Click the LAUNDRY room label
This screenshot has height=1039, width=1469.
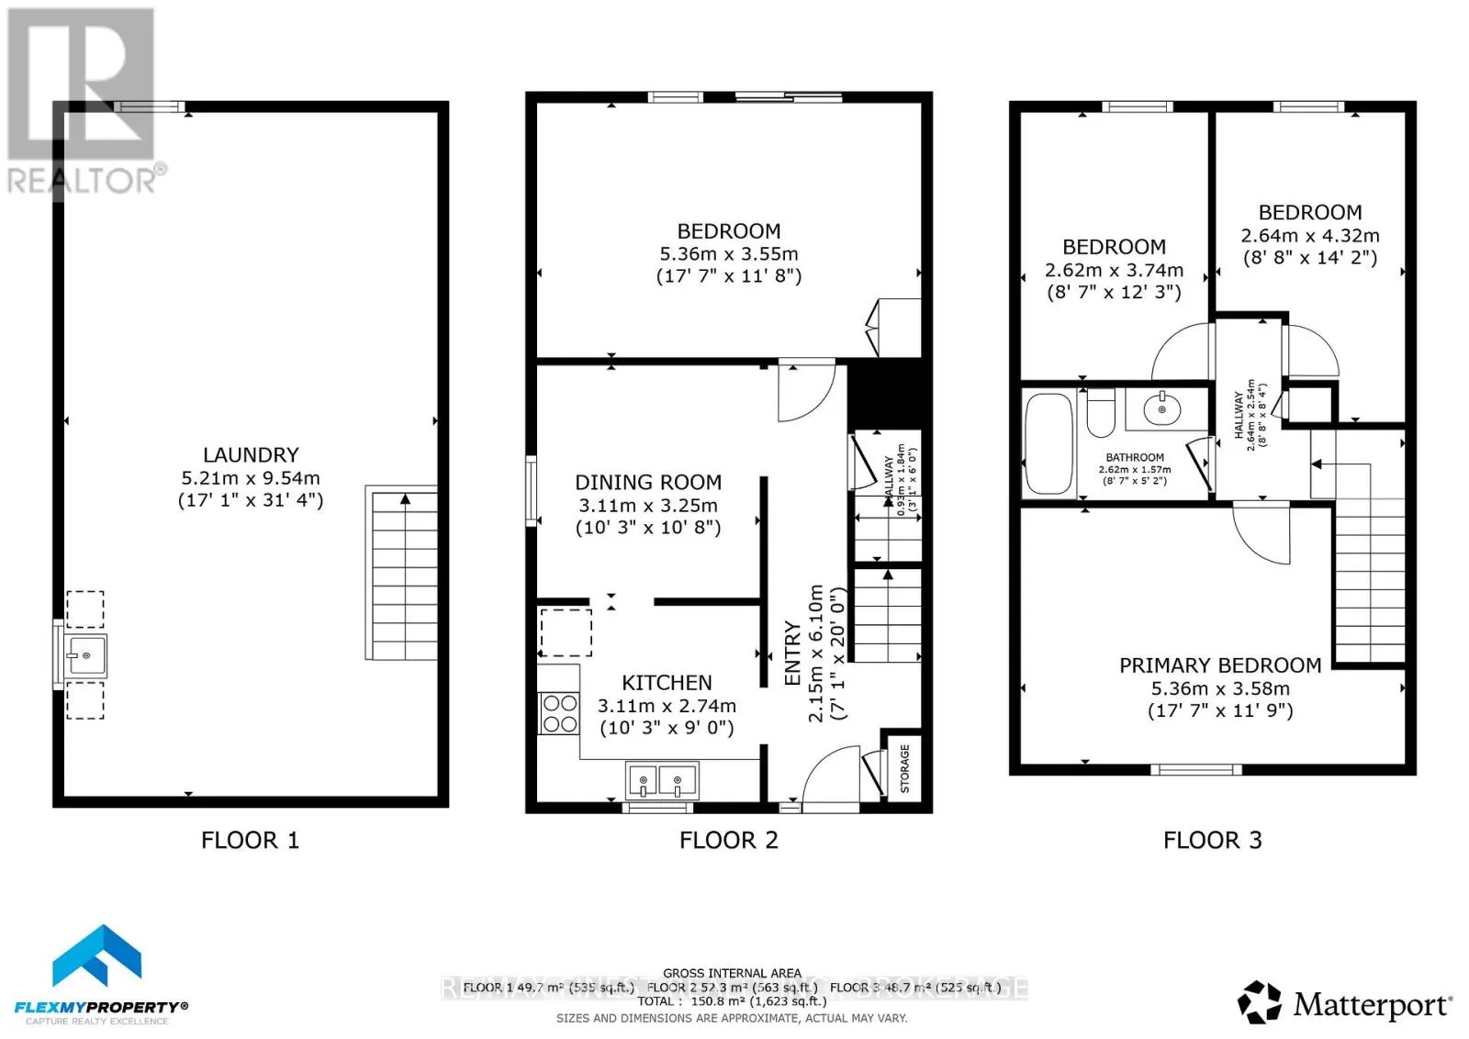coord(251,455)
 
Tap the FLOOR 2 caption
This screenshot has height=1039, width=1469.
coord(728,841)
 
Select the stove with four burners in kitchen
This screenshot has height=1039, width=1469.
coord(559,713)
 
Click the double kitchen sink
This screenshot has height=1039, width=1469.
coord(661,781)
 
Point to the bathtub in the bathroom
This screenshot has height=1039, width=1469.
coord(1048,443)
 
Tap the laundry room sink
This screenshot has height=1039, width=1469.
coord(85,655)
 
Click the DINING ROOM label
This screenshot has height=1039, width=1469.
coord(647,483)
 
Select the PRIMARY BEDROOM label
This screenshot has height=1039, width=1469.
coord(1219,665)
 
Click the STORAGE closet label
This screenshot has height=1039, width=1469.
coord(904,768)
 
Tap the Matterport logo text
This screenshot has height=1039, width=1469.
coord(1372,1005)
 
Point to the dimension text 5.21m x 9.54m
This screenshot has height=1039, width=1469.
coord(251,478)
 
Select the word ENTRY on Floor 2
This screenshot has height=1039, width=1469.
coord(792,653)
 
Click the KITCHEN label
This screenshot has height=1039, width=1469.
coord(667,683)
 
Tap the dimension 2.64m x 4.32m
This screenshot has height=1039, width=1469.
coord(1309,236)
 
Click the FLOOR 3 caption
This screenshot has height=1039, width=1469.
coord(1212,841)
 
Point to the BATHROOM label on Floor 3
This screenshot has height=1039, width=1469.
coord(1135,457)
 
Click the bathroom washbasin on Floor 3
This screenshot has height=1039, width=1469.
coord(1162,408)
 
